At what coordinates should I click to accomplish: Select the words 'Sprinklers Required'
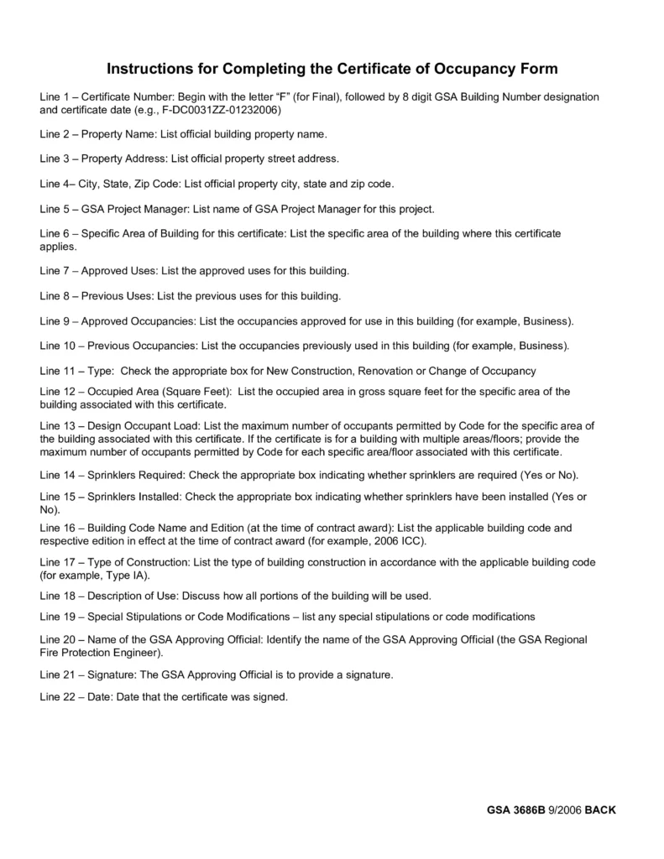(134, 474)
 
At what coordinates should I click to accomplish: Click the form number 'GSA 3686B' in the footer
(515, 810)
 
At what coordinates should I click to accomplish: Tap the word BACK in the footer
(600, 810)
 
